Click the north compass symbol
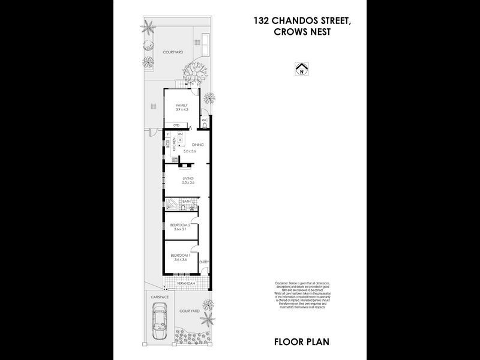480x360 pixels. tap(301, 70)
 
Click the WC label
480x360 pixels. tap(204, 120)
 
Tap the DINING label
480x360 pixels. tap(198, 145)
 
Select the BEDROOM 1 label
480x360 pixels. tap(181, 256)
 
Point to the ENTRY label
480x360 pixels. tap(204, 262)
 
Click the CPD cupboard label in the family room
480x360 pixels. tap(176, 125)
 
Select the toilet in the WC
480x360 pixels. tap(204, 127)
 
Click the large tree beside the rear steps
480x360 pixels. tap(194, 73)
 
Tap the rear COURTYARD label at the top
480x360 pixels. tap(172, 52)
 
